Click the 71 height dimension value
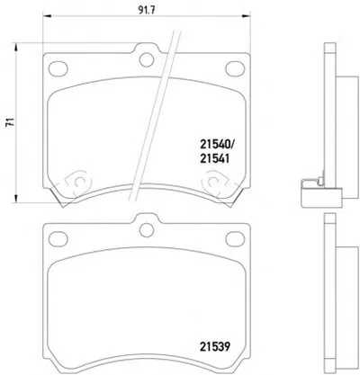click(11, 122)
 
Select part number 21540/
click(216, 146)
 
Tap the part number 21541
click(214, 159)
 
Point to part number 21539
click(214, 347)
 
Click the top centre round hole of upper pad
click(147, 59)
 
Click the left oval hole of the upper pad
click(58, 68)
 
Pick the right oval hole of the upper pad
click(235, 68)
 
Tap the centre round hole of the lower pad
click(147, 230)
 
